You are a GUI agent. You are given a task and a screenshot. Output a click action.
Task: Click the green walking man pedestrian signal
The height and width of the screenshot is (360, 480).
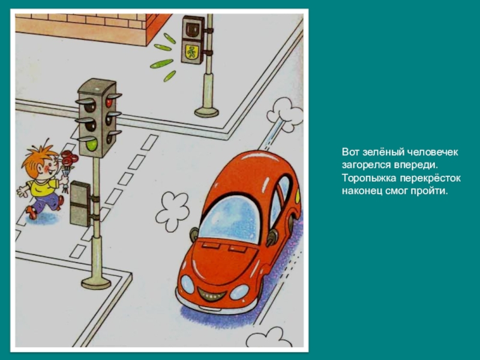point(192,52)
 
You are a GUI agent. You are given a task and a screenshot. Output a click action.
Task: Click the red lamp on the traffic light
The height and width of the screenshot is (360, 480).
point(109,102)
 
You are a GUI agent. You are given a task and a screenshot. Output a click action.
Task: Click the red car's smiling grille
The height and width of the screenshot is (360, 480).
point(212,295)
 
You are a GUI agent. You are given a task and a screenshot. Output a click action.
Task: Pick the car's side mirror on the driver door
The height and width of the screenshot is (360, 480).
point(271,238)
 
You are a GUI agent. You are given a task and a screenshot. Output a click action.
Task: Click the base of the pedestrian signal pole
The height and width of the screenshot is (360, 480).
point(207,112)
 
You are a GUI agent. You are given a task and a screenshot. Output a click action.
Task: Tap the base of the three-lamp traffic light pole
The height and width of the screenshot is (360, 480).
point(96,283)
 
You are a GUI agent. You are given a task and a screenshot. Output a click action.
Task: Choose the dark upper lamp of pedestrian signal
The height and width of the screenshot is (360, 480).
point(193,29)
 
